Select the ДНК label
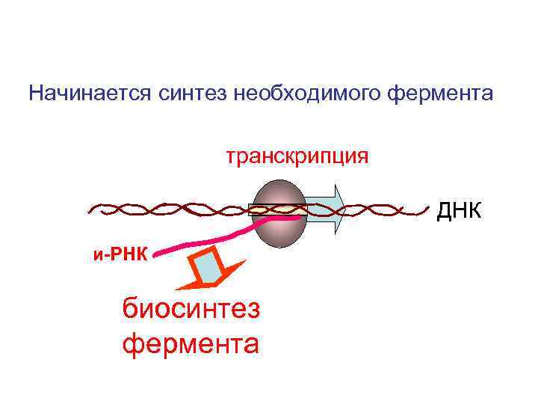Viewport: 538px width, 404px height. (x=460, y=212)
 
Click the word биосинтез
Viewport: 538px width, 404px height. (x=191, y=308)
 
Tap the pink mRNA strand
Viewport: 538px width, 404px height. (x=217, y=238)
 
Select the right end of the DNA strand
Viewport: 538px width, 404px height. (x=431, y=205)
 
